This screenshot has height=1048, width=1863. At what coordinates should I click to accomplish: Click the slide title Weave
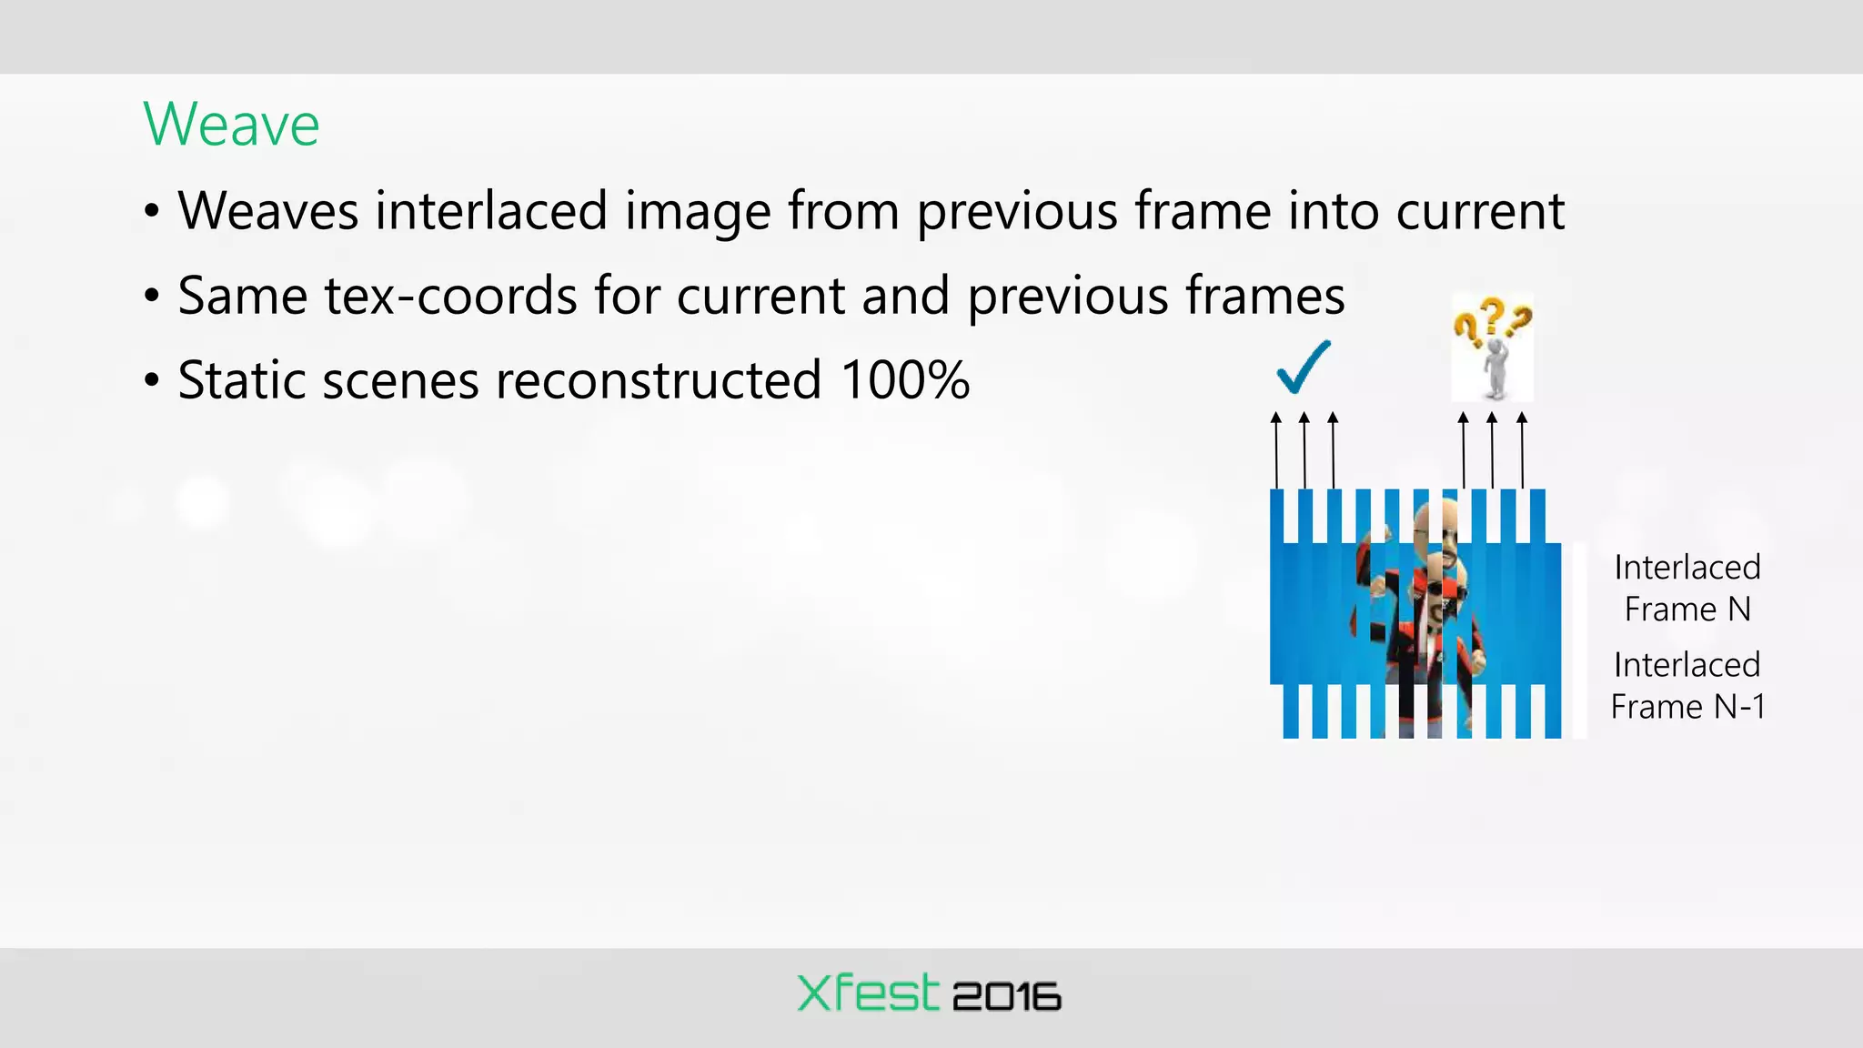[231, 124]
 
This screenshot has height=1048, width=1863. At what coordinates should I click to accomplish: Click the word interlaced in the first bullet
[491, 210]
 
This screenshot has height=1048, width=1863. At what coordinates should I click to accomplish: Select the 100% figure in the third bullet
[905, 380]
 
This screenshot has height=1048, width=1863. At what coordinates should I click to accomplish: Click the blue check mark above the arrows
[1303, 366]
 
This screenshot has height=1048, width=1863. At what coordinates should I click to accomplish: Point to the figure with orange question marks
[1492, 348]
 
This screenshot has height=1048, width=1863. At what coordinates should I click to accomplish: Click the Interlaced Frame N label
[1687, 588]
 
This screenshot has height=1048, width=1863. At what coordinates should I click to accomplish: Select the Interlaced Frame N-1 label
[1687, 686]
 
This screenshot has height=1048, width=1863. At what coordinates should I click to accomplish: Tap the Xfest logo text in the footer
[867, 993]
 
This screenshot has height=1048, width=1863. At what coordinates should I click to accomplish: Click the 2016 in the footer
[1007, 997]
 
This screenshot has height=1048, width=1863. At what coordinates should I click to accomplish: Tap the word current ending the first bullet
[1480, 211]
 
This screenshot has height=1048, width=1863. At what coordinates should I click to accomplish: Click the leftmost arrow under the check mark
[1276, 450]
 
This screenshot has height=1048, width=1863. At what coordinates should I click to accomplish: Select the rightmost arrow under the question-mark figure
[1522, 450]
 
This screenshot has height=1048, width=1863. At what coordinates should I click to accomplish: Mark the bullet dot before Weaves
[152, 212]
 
